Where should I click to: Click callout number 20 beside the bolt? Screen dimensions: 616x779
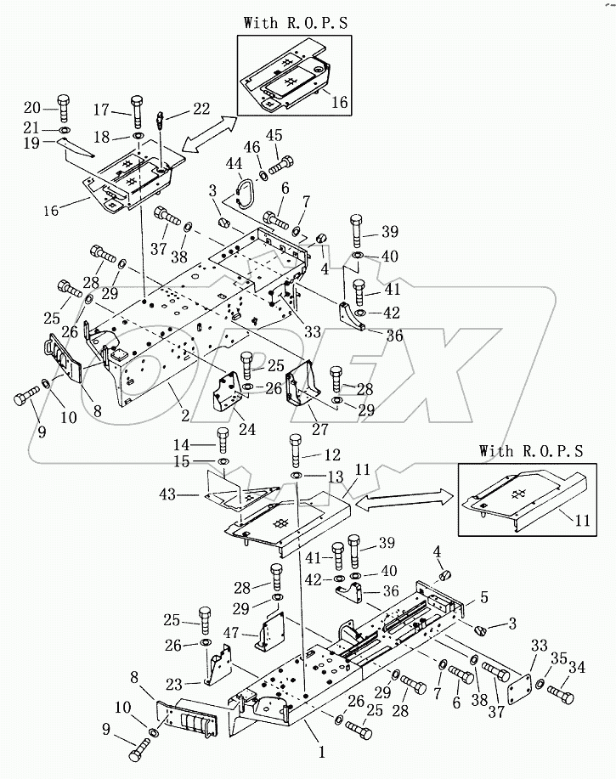pos(32,107)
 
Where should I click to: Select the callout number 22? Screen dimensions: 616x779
pos(201,108)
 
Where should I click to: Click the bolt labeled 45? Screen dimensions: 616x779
pos(281,166)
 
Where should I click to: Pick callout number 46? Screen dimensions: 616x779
pos(251,147)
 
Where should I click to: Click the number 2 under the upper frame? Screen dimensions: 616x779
pos(185,415)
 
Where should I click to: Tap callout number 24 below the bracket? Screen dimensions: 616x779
pos(247,428)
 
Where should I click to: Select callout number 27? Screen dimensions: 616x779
pos(320,428)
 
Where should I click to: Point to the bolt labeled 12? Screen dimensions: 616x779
pos(296,449)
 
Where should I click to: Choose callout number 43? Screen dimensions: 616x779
pos(167,494)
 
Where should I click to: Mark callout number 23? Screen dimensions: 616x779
pos(174,685)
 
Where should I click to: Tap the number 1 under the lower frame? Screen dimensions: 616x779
pos(322,752)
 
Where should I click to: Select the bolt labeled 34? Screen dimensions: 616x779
pos(561,694)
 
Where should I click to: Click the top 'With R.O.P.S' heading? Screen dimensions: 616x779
pos(296,23)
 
